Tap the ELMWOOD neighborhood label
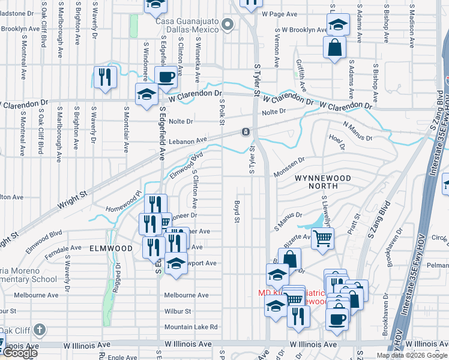110,248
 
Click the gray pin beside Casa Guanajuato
227,25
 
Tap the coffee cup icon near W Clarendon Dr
166,77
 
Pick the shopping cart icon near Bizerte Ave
323,239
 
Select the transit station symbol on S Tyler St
246,132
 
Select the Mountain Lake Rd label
191,327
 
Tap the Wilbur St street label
178,311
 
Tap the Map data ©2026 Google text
411,355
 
